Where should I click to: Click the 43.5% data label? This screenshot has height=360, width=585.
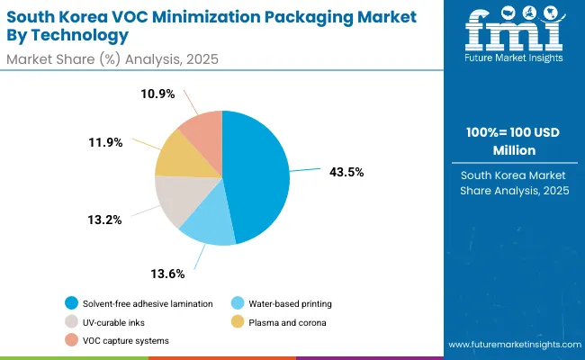coord(346,172)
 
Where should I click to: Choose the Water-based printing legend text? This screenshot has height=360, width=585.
coord(292,302)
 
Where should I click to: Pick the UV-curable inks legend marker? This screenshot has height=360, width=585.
coord(71,321)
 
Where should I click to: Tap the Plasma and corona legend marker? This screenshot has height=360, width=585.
coord(238,321)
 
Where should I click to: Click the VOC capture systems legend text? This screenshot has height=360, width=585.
coord(125,340)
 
